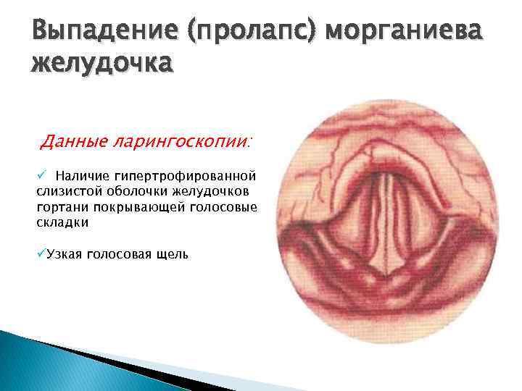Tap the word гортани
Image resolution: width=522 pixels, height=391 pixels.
[x=59, y=207]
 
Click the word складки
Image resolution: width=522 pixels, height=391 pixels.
[x=62, y=223]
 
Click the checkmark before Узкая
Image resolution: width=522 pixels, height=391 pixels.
[x=41, y=253]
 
